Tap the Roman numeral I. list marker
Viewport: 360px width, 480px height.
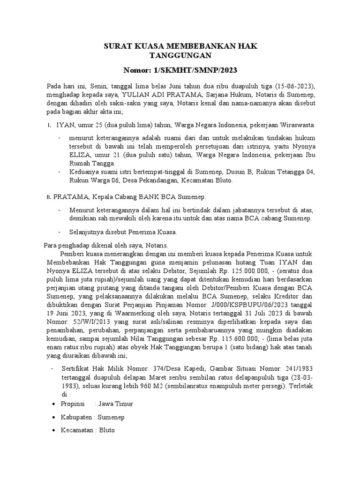point(50,125)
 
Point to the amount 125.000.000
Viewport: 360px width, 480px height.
point(261,270)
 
